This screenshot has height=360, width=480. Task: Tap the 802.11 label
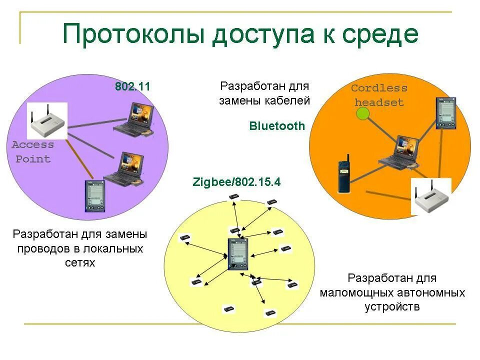(132, 86)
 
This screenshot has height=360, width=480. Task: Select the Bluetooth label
(277, 126)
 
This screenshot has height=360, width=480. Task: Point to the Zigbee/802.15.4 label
(236, 182)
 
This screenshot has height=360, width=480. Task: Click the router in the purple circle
(47, 121)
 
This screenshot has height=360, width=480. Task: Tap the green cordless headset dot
(362, 114)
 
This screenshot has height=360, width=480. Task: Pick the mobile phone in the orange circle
(344, 175)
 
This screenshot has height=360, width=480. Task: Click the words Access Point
(33, 152)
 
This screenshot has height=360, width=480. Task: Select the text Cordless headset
(379, 95)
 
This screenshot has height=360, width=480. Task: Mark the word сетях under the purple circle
(80, 262)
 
